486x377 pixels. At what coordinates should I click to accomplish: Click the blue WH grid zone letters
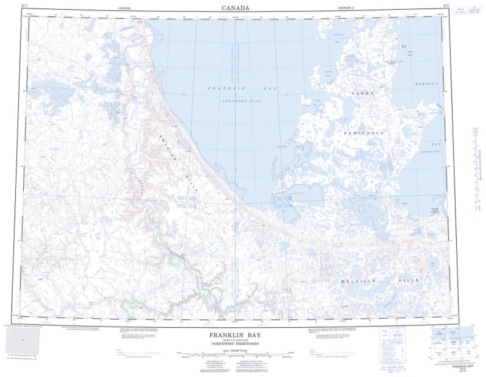[x=182, y=199]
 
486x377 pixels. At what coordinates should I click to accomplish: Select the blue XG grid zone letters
[x=193, y=207]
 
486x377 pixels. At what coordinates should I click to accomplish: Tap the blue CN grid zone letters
[x=278, y=199]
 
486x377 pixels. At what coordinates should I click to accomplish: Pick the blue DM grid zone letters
[x=289, y=207]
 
